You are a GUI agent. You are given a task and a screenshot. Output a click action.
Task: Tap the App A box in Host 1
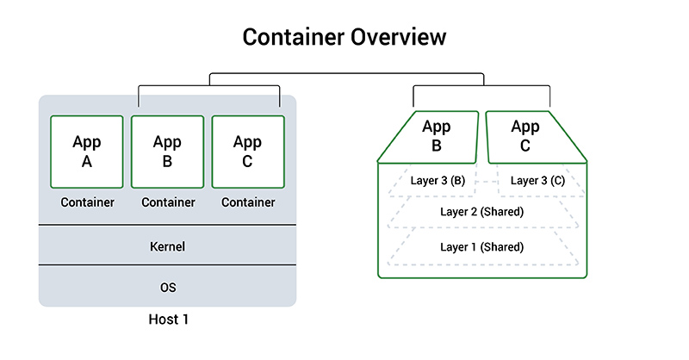[87, 152]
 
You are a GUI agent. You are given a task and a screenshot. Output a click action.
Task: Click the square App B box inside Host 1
[167, 152]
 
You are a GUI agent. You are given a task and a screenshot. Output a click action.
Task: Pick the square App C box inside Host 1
[248, 152]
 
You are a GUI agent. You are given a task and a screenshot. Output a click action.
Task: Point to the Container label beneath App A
[87, 202]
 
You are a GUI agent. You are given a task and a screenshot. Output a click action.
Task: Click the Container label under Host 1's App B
[167, 202]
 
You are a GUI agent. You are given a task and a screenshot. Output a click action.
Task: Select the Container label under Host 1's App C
[248, 202]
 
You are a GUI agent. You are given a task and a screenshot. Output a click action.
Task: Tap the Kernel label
[167, 246]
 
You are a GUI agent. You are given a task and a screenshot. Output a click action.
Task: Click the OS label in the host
[167, 286]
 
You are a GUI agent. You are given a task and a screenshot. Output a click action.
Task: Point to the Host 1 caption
[167, 320]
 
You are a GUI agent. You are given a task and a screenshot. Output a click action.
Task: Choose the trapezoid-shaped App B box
[436, 137]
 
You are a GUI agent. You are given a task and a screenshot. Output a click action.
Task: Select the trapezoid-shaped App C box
[525, 137]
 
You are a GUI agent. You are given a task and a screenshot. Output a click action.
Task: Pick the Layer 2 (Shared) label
[482, 212]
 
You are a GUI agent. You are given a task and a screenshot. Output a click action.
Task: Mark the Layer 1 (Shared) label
[482, 246]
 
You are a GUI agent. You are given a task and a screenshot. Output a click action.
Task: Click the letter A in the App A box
[87, 161]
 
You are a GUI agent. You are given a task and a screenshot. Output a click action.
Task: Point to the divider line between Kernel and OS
[167, 265]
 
